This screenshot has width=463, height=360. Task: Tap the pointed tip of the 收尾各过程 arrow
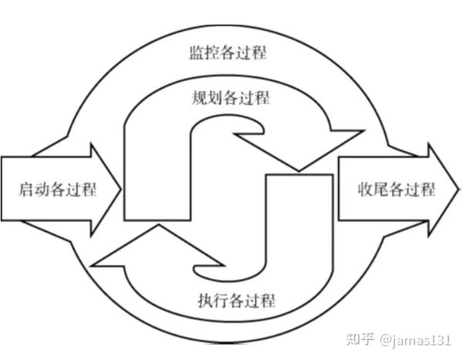[456, 190]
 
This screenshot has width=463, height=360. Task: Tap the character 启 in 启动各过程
[25, 190]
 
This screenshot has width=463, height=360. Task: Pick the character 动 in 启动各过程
[40, 190]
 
